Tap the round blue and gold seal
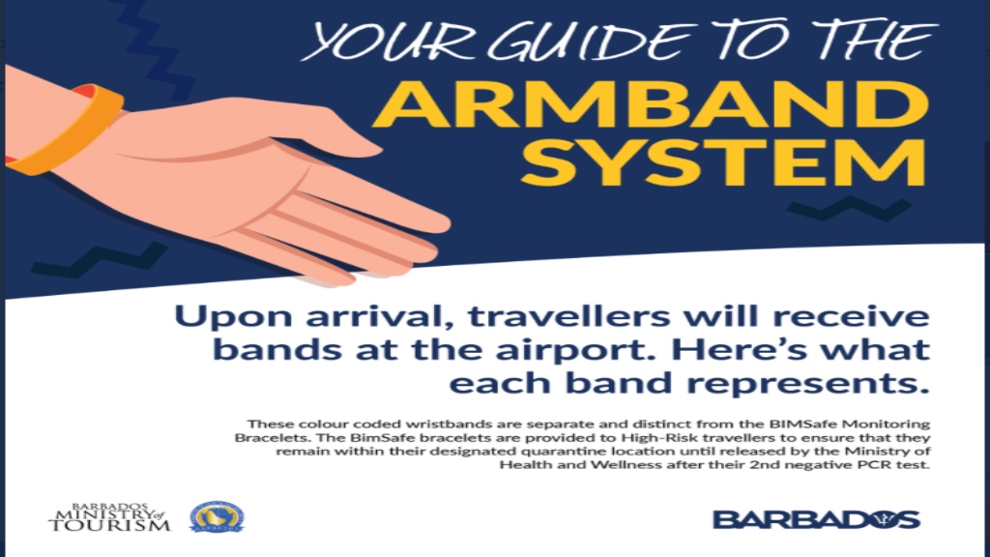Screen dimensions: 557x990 point(216,518)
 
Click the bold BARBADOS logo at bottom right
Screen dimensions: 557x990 point(816,519)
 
